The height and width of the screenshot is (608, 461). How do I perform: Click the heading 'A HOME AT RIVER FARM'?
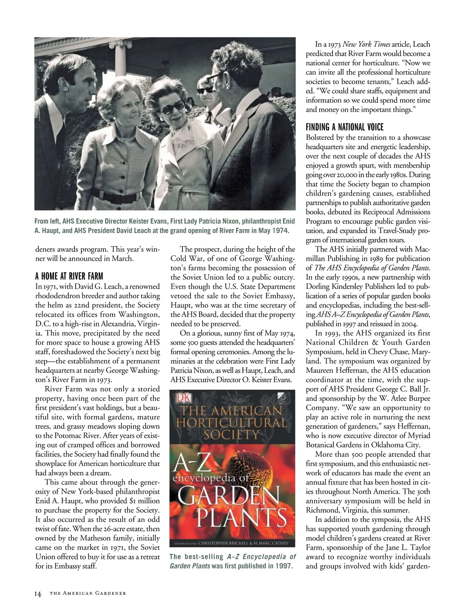(69, 276)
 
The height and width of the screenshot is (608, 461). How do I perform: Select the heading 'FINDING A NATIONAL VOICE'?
(345, 127)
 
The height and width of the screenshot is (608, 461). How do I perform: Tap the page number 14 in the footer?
(38, 593)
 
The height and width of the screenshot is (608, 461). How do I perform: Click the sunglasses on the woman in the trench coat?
(169, 109)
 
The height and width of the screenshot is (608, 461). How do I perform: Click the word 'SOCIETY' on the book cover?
(232, 435)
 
